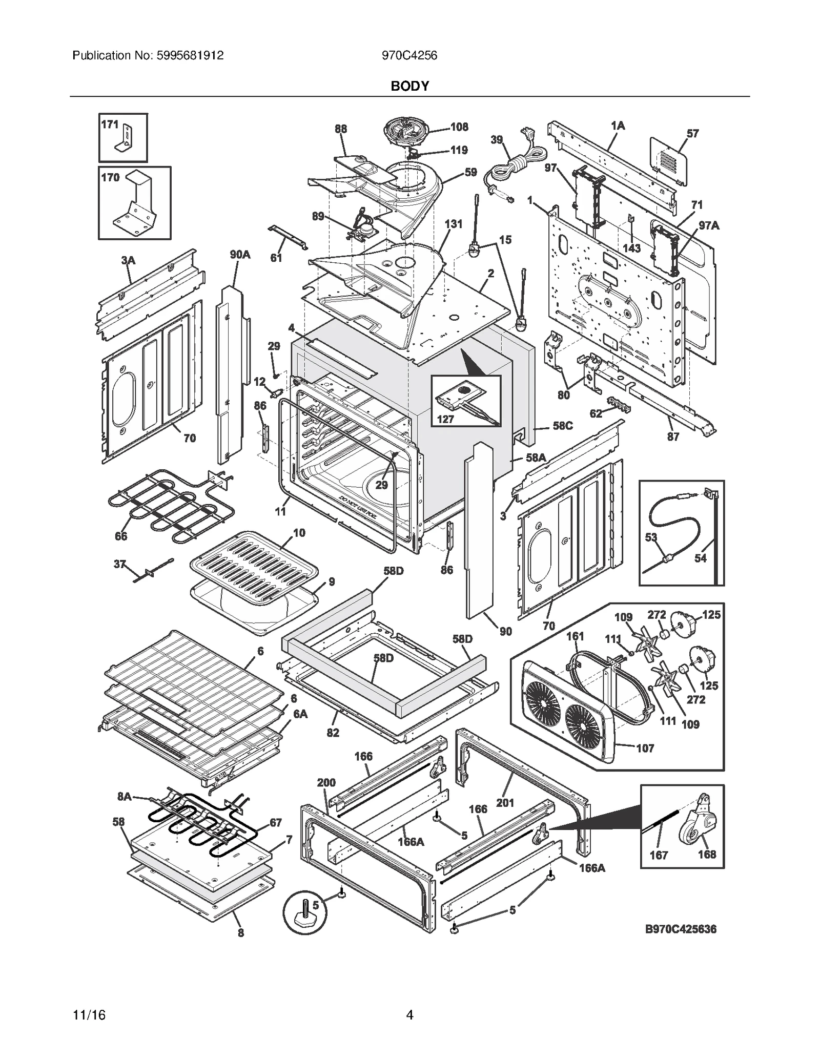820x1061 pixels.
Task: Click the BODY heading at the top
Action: [x=409, y=86]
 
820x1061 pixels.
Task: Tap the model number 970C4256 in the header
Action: [x=409, y=56]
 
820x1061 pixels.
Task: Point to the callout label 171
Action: [x=110, y=124]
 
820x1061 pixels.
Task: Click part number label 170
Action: [x=110, y=178]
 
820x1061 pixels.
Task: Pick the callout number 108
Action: [x=459, y=127]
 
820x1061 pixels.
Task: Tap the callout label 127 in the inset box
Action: [x=445, y=420]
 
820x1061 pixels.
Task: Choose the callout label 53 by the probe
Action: [x=651, y=537]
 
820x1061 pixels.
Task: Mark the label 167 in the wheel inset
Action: [x=659, y=855]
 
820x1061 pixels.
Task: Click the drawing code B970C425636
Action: [x=681, y=929]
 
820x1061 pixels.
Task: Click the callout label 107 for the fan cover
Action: [x=645, y=748]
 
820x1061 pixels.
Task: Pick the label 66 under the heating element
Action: [x=121, y=536]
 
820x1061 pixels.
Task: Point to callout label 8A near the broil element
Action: [x=125, y=796]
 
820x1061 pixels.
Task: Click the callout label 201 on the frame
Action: [x=505, y=803]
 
